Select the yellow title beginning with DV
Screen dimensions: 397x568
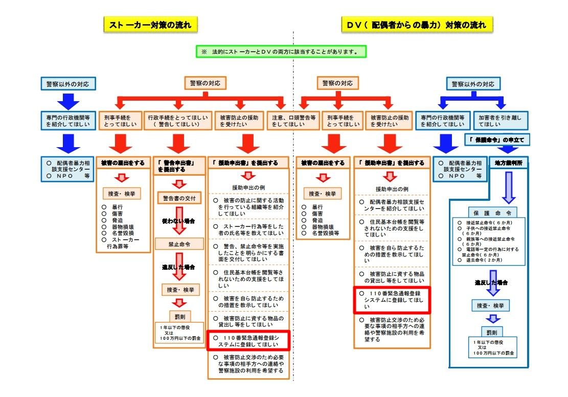tap(417, 25)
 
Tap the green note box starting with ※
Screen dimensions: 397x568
tap(282, 52)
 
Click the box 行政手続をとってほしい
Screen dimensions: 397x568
tap(177, 121)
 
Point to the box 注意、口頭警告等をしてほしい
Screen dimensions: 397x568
tap(293, 121)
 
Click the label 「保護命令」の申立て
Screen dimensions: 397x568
tap(496, 139)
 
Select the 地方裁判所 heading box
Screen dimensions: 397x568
tap(508, 163)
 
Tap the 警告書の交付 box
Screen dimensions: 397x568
tap(179, 198)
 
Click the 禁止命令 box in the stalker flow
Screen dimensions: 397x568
tap(179, 244)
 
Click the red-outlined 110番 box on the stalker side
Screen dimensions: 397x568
tap(248, 341)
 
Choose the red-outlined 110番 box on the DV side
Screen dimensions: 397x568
tap(392, 300)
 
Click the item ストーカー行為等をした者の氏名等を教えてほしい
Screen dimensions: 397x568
tap(248, 229)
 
